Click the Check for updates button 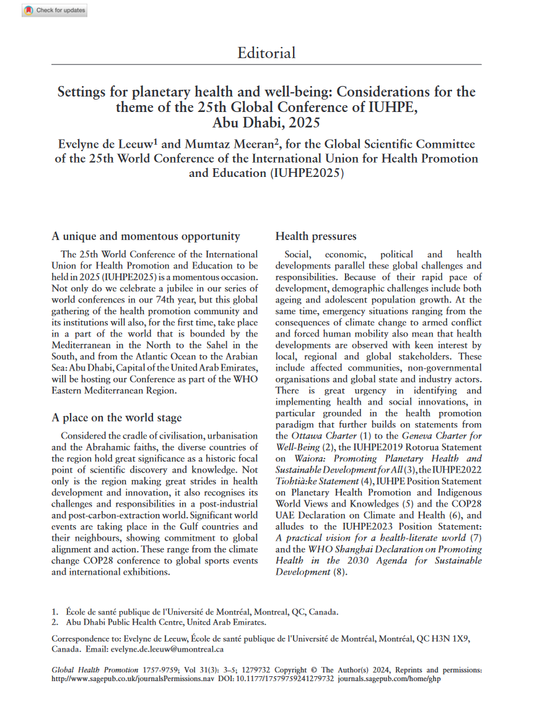[x=55, y=11]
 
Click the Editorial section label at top [x=266, y=53]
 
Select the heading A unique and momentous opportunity [x=146, y=236]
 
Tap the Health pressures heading [x=315, y=236]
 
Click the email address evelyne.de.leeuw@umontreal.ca [x=167, y=650]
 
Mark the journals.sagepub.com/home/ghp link [x=390, y=679]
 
